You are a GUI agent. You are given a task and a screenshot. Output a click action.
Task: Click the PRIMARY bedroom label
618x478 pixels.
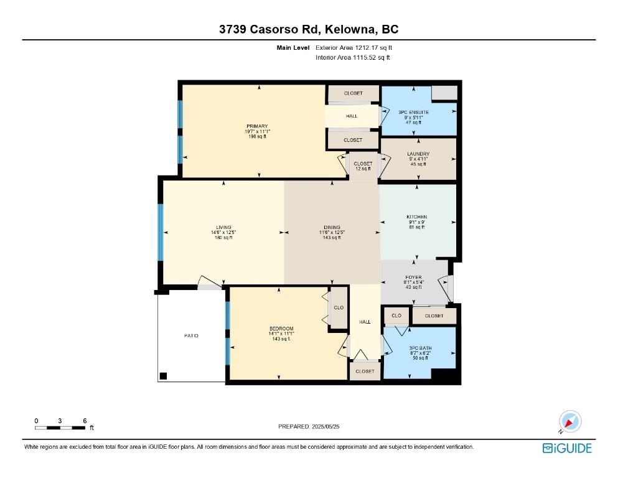[x=257, y=126]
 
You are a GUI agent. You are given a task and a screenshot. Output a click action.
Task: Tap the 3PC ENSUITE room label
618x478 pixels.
[x=413, y=112]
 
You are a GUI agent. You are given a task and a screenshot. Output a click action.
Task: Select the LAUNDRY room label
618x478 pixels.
[x=418, y=154]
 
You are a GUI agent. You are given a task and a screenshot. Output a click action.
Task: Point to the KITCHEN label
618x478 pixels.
[x=416, y=217]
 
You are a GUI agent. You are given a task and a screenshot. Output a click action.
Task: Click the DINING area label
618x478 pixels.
[x=332, y=227]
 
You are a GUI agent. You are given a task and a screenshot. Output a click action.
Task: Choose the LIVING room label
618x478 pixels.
[x=223, y=227]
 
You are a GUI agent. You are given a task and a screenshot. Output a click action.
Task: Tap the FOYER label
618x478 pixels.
[x=413, y=278]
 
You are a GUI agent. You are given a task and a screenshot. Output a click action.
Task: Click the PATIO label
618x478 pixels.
[x=191, y=335]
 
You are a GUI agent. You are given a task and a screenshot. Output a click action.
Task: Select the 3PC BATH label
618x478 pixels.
[x=420, y=348]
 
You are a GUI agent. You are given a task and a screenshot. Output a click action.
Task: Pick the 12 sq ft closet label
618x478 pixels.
[x=363, y=169]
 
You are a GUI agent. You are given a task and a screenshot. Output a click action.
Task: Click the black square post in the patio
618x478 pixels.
[x=163, y=376]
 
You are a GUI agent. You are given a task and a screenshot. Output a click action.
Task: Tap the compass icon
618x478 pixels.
[x=570, y=421]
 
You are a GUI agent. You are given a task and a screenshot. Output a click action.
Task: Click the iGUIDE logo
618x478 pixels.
[x=567, y=448]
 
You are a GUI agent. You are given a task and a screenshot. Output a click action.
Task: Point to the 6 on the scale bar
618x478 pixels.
[x=85, y=421]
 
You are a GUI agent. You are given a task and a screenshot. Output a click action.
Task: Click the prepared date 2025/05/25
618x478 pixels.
[x=325, y=426]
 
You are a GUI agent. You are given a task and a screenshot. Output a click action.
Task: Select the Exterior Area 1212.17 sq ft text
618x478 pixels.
[x=354, y=48]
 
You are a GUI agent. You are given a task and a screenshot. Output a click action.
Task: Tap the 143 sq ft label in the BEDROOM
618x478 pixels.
[x=281, y=339]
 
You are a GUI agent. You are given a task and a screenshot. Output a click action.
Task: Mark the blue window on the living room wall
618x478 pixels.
[x=161, y=232]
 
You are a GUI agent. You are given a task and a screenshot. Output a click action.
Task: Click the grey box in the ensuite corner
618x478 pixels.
[x=444, y=93]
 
